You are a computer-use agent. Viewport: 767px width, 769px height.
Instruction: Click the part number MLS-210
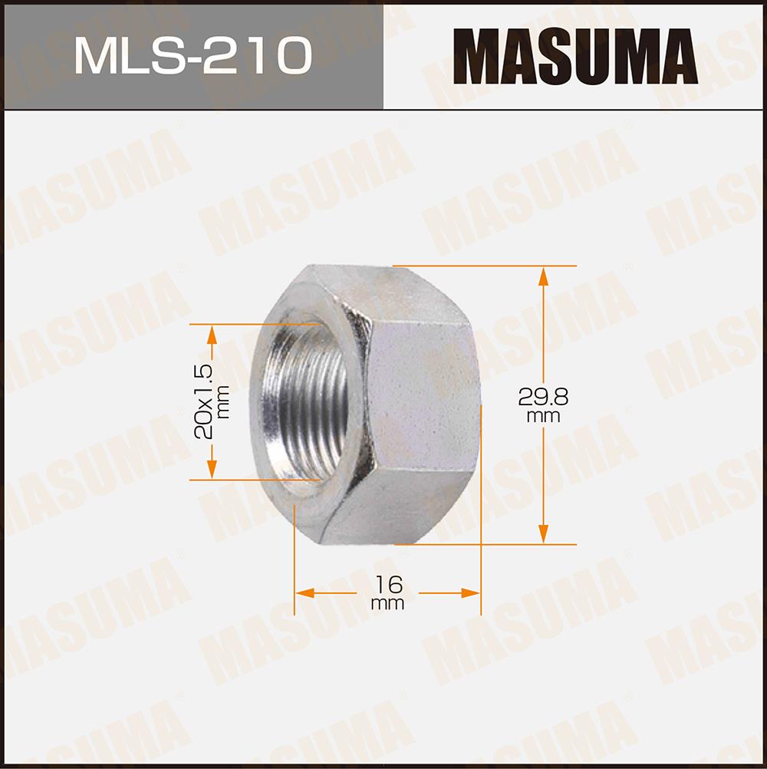pyautogui.click(x=193, y=55)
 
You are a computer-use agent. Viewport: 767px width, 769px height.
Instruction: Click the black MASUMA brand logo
pyautogui.click(x=575, y=56)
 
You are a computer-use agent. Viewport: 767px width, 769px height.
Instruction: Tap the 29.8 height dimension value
pyautogui.click(x=543, y=398)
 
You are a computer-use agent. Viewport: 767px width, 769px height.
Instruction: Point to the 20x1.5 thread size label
pyautogui.click(x=204, y=401)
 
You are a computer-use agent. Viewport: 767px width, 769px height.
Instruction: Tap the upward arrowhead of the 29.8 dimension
pyautogui.click(x=543, y=276)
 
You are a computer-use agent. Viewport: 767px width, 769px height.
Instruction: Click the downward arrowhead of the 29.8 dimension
pyautogui.click(x=543, y=533)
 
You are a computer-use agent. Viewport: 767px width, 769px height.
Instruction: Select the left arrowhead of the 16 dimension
pyautogui.click(x=304, y=593)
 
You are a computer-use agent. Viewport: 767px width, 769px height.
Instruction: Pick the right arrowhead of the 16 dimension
pyautogui.click(x=470, y=593)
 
